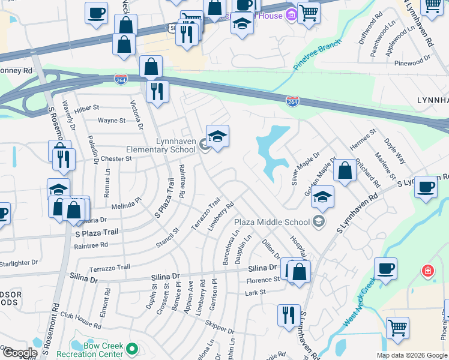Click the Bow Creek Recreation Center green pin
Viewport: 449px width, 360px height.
tap(133, 349)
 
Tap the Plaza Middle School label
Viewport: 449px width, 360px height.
tap(276, 222)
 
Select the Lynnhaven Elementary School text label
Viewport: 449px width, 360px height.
tap(167, 145)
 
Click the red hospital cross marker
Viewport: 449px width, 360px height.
tap(427, 271)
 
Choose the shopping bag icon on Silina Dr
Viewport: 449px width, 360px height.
tap(298, 271)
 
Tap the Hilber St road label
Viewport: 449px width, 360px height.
tap(86, 107)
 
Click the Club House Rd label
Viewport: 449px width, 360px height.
tap(80, 320)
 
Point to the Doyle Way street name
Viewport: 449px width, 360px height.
tap(395, 152)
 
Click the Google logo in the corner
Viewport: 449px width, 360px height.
tap(19, 353)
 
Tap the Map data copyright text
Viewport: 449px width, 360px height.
tap(412, 355)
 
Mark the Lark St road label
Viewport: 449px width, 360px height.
tap(255, 293)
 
